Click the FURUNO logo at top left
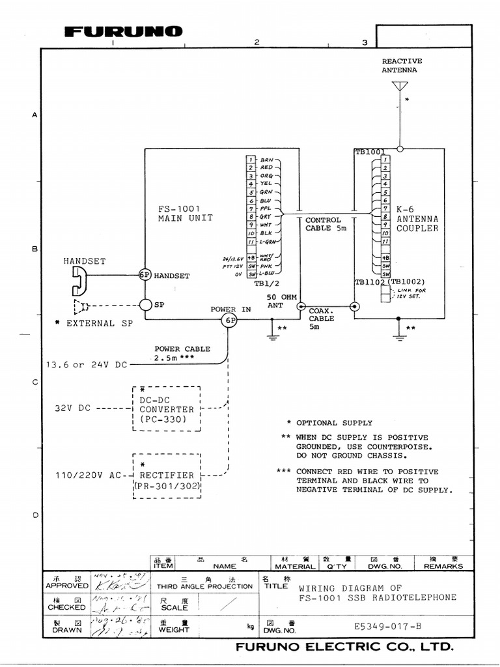(x=123, y=32)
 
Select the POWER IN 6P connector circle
(x=229, y=320)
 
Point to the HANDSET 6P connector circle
(x=145, y=275)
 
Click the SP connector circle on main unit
(x=145, y=304)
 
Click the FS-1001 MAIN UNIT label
(x=185, y=214)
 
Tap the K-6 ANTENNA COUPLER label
(x=417, y=219)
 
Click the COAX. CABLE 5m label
(x=322, y=319)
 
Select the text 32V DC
(x=73, y=409)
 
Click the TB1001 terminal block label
(x=370, y=151)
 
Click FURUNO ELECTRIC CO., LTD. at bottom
(x=344, y=647)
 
